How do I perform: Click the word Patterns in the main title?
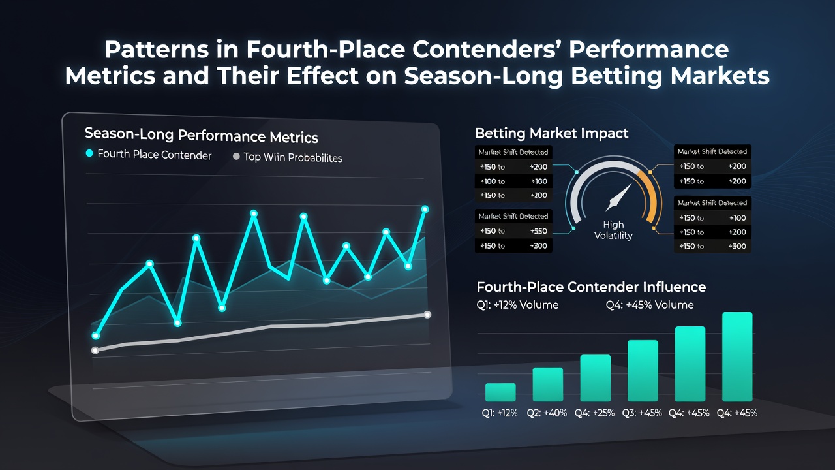coord(156,50)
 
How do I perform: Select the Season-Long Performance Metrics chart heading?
coord(202,135)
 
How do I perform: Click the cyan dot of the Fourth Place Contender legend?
coord(89,153)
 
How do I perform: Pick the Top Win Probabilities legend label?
coord(293,157)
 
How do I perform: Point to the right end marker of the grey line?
coord(427,315)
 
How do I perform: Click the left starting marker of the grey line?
coord(95,351)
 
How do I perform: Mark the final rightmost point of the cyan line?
coord(425,210)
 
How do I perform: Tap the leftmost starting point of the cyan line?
coord(96,336)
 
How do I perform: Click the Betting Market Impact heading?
coord(552,133)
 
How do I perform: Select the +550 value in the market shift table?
coord(539,231)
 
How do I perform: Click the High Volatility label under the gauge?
coord(613,230)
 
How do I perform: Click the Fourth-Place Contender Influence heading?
coord(591,287)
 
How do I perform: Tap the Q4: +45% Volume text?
coord(650,305)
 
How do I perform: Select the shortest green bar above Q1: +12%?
coord(500,392)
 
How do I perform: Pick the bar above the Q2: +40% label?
coord(547,384)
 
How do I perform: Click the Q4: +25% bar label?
coord(594,413)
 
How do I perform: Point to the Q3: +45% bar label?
coord(642,413)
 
